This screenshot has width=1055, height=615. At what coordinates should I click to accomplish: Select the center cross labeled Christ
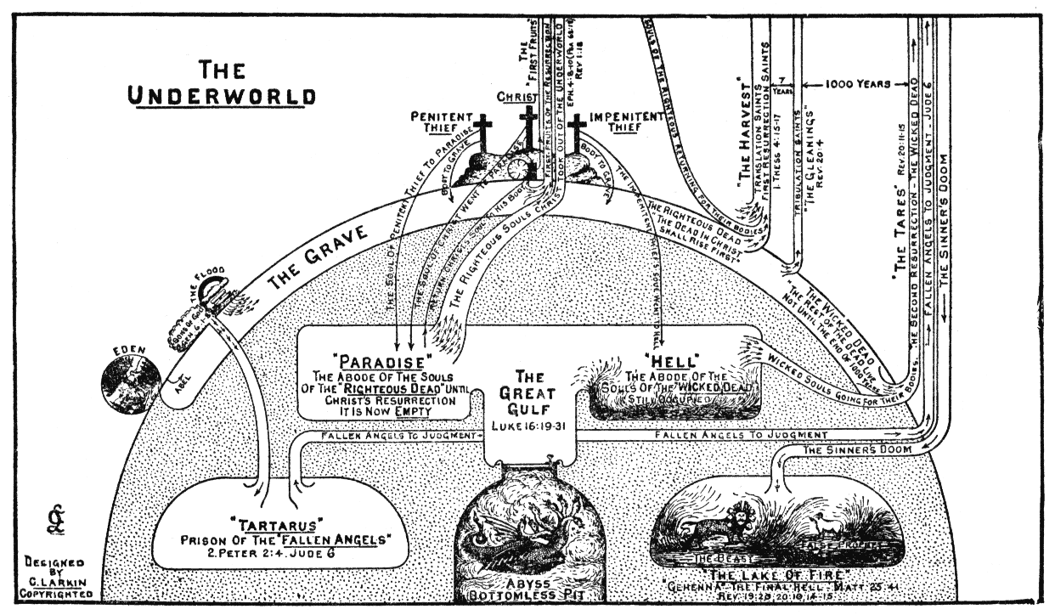pyautogui.click(x=528, y=127)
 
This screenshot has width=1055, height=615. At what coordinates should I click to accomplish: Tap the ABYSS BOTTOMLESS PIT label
pyautogui.click(x=527, y=590)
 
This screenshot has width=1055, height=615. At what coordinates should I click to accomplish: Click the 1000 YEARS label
pyautogui.click(x=859, y=85)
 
